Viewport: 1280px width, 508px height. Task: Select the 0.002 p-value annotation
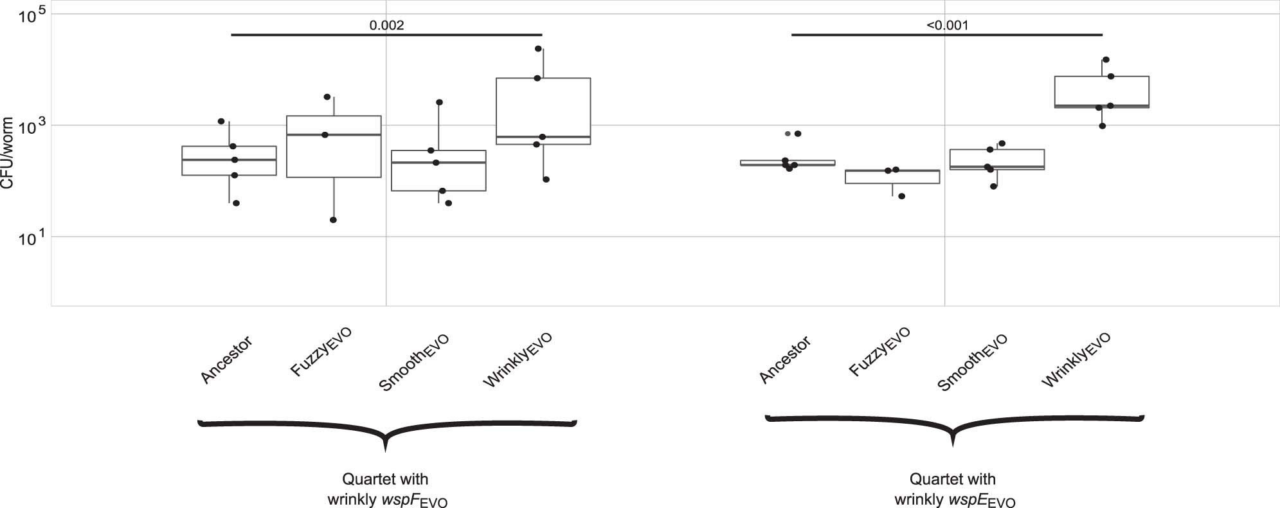pyautogui.click(x=386, y=26)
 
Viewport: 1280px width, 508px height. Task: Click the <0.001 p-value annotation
pyautogui.click(x=947, y=26)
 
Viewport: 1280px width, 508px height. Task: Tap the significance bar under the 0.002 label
pyautogui.click(x=386, y=35)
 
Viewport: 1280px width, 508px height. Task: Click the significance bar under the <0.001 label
pyautogui.click(x=947, y=35)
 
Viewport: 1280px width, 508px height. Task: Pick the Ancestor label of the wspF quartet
pyautogui.click(x=226, y=360)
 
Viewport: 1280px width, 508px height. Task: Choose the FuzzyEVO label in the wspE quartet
pyautogui.click(x=879, y=351)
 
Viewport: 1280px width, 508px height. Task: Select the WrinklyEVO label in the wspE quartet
pyautogui.click(x=1076, y=360)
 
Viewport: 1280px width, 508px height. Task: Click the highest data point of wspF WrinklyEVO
pyautogui.click(x=538, y=49)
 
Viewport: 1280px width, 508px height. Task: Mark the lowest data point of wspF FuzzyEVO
pyautogui.click(x=333, y=220)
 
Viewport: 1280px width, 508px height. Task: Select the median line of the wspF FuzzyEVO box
pyautogui.click(x=334, y=135)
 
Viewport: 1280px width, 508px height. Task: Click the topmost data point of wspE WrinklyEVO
pyautogui.click(x=1106, y=60)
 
